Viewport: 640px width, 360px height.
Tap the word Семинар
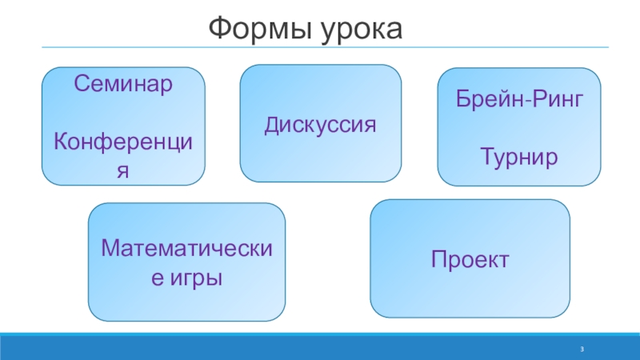(x=123, y=82)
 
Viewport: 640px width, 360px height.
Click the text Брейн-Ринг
(x=518, y=100)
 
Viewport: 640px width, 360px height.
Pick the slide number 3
(x=583, y=350)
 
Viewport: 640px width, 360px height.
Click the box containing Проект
(x=470, y=296)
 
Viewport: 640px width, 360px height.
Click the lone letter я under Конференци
(x=123, y=172)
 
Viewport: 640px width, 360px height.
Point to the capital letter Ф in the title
(x=218, y=30)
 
